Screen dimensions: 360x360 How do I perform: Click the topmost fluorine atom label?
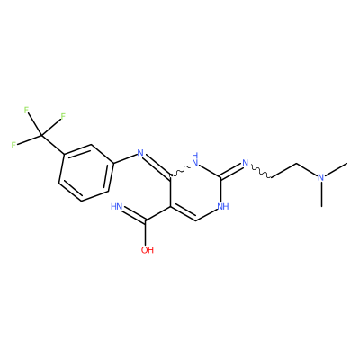[x=26, y=110]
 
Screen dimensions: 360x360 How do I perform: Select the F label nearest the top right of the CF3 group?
[x=63, y=116]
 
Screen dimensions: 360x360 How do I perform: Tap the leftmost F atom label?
[x=13, y=146]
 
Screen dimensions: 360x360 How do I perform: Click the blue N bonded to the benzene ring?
[x=140, y=153]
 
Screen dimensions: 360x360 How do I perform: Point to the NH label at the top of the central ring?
[x=195, y=159]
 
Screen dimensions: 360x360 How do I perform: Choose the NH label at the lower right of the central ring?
[x=223, y=206]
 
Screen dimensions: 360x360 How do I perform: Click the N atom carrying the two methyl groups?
[x=321, y=177]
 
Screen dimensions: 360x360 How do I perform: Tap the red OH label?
[x=148, y=250]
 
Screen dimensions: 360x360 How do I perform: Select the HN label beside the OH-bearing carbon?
[x=117, y=206]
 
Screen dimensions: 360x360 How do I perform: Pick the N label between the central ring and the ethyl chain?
[x=246, y=164]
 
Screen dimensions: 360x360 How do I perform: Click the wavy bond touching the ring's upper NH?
[x=180, y=171]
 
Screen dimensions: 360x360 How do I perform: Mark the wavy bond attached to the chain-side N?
[x=261, y=172]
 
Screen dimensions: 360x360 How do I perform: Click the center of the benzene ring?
[x=85, y=173]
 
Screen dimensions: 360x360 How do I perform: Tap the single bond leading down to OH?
[x=146, y=233]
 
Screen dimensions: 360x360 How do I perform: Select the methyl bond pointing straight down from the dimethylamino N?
[x=321, y=194]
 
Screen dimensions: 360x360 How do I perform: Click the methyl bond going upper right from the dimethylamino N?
[x=337, y=168]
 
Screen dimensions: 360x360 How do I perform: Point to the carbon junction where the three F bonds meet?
[x=41, y=137]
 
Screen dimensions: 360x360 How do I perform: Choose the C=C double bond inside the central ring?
[x=183, y=214]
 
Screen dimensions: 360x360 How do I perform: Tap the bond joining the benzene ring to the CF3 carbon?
[x=53, y=146]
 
